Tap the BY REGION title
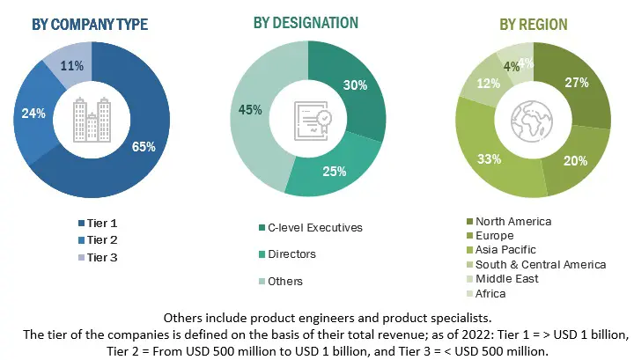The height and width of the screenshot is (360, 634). coord(534,25)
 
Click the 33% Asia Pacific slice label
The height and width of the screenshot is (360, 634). coord(490,159)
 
